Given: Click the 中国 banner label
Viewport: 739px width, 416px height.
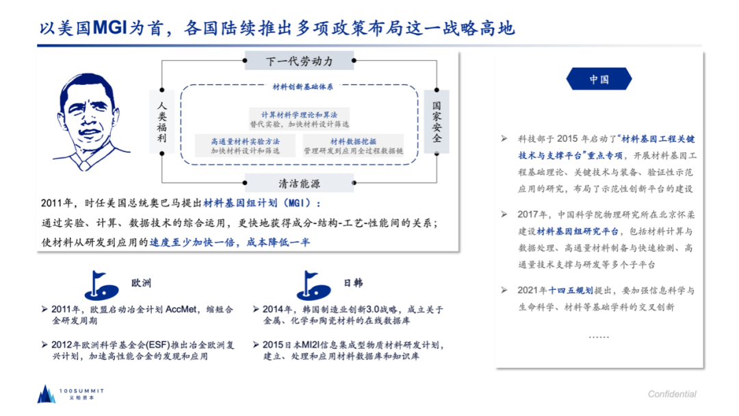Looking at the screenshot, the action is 599,79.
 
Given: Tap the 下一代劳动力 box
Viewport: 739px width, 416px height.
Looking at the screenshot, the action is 299,62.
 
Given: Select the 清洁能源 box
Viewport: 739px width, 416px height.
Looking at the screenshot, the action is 299,184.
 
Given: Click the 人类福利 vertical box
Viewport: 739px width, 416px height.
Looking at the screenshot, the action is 161,123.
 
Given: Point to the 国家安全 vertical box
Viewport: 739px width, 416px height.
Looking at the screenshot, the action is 437,122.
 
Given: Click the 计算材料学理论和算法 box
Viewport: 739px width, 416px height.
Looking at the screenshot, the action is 299,119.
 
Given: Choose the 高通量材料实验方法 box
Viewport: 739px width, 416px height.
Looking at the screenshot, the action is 245,145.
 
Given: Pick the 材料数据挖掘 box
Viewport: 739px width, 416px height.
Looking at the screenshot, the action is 353,145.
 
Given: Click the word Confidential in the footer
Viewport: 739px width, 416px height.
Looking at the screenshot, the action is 672,394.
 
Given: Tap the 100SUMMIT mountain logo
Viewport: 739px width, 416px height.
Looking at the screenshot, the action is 47,393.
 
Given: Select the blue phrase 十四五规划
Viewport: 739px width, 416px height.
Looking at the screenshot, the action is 570,291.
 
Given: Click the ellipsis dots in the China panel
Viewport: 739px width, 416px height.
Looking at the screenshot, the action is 599,337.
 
